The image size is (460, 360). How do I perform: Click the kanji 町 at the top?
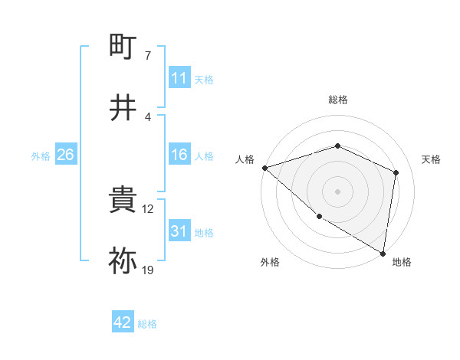(123, 47)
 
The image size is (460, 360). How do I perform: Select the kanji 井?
(123, 106)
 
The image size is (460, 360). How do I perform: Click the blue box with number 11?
(179, 78)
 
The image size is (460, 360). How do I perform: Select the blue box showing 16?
(179, 155)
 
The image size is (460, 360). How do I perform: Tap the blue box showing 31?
(179, 231)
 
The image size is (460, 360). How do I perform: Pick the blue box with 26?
(65, 155)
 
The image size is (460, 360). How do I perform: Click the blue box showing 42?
(123, 323)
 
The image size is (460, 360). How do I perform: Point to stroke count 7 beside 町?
(147, 56)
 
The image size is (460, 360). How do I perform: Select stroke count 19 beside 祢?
(149, 270)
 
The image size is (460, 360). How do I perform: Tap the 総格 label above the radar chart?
(338, 100)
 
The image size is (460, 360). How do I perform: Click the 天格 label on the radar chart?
(432, 159)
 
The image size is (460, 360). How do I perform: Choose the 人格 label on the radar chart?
(245, 159)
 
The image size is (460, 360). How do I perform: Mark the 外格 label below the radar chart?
(269, 263)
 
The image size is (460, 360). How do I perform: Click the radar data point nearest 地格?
(383, 253)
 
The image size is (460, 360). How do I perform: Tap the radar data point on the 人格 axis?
(264, 167)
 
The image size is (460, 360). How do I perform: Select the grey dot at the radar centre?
(337, 191)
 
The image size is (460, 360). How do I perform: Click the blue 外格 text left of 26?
(41, 155)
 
